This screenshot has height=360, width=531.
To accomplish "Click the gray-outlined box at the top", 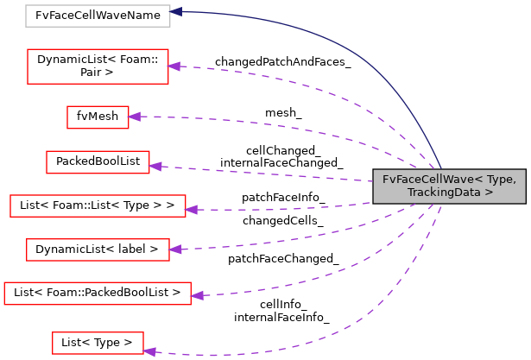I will pyautogui.click(x=98, y=16).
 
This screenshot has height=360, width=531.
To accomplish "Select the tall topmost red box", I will pyautogui.click(x=98, y=66).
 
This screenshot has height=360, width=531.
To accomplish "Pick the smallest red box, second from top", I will pyautogui.click(x=98, y=117).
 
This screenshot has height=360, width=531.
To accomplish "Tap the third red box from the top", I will pyautogui.click(x=98, y=162).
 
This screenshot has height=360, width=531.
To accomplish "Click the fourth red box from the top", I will pyautogui.click(x=98, y=205).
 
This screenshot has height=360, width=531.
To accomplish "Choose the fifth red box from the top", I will pyautogui.click(x=98, y=249).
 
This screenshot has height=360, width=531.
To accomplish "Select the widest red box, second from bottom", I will pyautogui.click(x=97, y=294).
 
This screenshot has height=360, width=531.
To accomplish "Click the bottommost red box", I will pyautogui.click(x=98, y=343).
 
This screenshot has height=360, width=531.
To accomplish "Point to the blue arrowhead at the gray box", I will pyautogui.click(x=176, y=12).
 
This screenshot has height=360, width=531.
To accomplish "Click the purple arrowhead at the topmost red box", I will pyautogui.click(x=174, y=66).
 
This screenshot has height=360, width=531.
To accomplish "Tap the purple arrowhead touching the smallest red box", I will pyautogui.click(x=134, y=117).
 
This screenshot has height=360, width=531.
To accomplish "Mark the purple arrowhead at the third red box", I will pyautogui.click(x=155, y=166).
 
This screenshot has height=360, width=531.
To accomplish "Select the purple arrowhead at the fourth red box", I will pyautogui.click(x=191, y=210).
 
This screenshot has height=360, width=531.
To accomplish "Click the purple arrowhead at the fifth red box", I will pyautogui.click(x=175, y=249).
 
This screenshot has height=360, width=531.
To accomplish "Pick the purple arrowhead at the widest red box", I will pyautogui.click(x=196, y=295).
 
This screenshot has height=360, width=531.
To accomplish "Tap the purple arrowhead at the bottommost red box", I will pyautogui.click(x=149, y=351).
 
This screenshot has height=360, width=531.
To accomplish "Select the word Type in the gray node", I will pyautogui.click(x=502, y=180).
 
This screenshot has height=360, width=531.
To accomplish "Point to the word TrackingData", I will pyautogui.click(x=444, y=193).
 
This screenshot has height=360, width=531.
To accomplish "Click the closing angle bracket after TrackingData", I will pyautogui.click(x=489, y=193).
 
